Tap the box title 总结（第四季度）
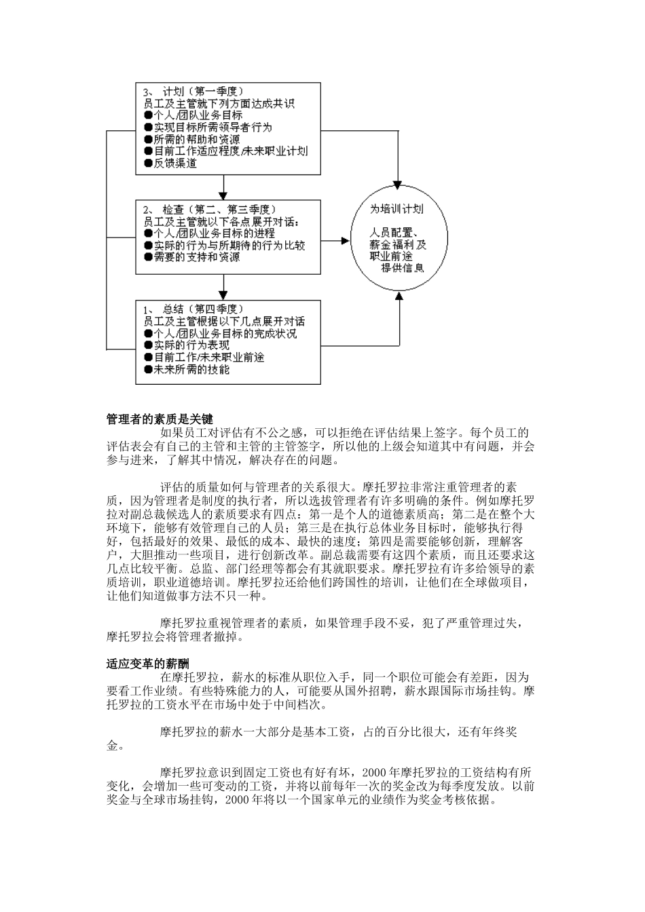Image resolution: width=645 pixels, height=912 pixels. tap(203, 309)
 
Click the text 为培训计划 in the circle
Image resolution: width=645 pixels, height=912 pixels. tap(398, 210)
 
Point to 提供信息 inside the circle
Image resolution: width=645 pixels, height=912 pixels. tap(402, 268)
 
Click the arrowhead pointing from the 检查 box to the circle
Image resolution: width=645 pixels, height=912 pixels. tap(344, 240)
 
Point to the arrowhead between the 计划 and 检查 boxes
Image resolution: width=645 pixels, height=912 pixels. tap(223, 191)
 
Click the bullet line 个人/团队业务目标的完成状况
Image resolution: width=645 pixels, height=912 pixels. tap(221, 334)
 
